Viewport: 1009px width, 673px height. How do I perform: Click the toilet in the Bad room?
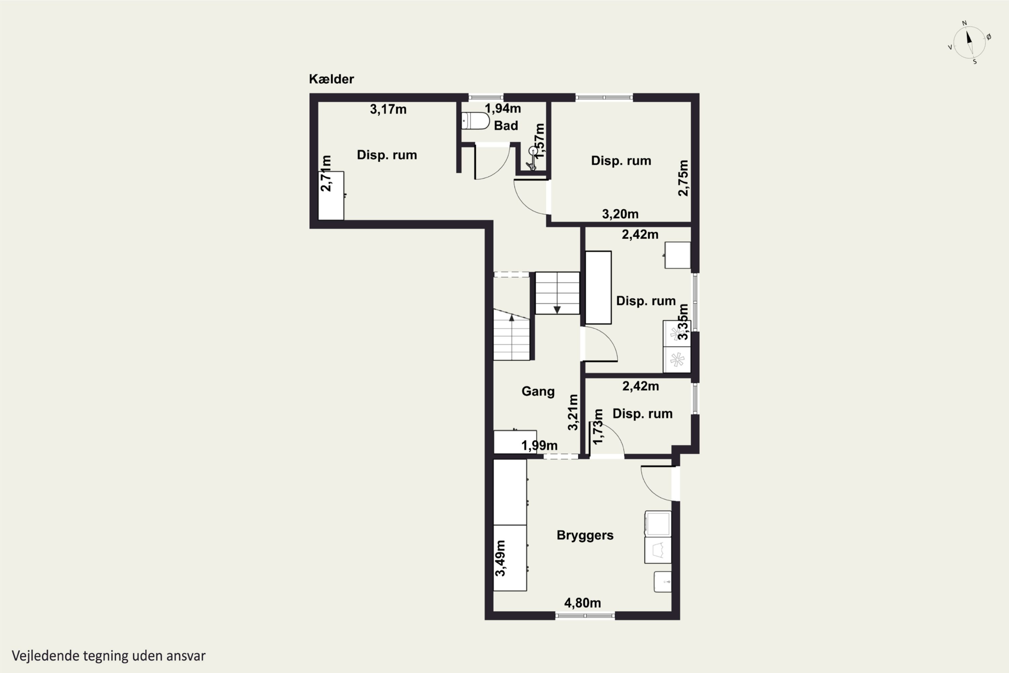[x=475, y=121]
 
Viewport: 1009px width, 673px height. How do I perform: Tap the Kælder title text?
[x=331, y=79]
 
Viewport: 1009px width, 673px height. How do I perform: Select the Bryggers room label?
[x=585, y=536]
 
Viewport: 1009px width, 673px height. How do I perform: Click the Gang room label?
[x=538, y=391]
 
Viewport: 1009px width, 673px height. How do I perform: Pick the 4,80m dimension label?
[x=582, y=603]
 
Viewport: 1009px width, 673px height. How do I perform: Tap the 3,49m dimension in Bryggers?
[x=500, y=558]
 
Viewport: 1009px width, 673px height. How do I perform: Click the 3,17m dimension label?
[x=388, y=109]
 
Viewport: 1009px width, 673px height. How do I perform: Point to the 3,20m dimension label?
[x=620, y=214]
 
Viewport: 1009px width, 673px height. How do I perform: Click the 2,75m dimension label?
[x=683, y=178]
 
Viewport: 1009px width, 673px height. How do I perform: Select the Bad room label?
[x=506, y=126]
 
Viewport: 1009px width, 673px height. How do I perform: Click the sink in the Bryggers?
[x=662, y=581]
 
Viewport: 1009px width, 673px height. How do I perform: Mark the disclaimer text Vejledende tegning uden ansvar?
[x=109, y=656]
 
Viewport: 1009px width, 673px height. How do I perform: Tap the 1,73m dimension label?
[x=598, y=426]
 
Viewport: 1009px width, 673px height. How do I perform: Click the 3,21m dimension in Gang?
[x=573, y=412]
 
